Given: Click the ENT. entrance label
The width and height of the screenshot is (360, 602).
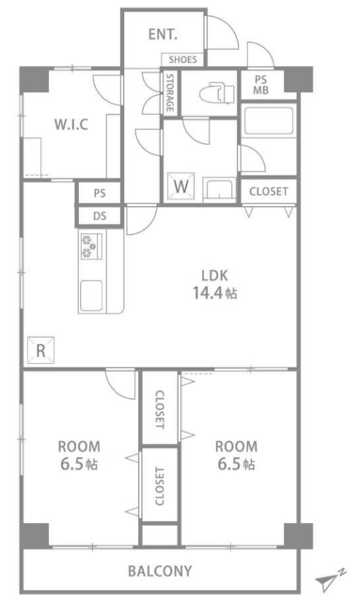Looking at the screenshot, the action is coord(163,35).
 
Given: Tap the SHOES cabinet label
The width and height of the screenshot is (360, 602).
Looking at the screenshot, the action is coord(182,59).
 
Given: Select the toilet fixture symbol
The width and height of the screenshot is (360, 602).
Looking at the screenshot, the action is coord(217,93).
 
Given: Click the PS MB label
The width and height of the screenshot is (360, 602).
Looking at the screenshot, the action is coord(260,86).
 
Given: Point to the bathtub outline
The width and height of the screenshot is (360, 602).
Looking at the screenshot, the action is coord(269,120).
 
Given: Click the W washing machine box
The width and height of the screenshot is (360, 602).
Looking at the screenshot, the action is coord(180,186).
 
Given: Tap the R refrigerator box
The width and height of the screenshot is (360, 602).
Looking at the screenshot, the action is coord(40,350).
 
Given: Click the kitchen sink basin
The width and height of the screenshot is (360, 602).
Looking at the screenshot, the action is coord(91,294).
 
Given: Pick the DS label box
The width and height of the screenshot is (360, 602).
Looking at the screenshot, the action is coord(100,215).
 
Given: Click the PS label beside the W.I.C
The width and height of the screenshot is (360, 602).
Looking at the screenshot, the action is coord(100,193).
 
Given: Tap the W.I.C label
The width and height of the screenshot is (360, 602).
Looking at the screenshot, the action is coord(71,124).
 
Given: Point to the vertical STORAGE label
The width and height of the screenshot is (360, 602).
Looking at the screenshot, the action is coord(169,92).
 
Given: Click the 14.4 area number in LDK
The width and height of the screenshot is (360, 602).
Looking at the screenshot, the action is coord(208,293).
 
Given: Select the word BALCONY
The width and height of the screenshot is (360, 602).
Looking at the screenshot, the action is coord(160,571).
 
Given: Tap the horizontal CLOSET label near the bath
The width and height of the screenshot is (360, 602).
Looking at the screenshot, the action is coord(268,191).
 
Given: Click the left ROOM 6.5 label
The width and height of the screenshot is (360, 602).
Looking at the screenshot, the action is coord(79,455).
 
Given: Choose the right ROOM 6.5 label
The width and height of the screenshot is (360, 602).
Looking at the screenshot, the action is coord(236,455).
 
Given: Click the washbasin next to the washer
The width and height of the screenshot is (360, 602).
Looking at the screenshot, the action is coord(218,189).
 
